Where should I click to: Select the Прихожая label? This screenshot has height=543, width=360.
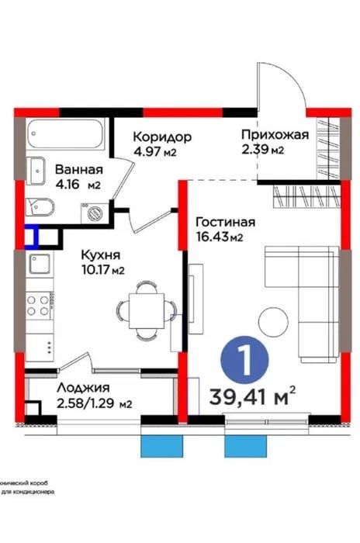274,134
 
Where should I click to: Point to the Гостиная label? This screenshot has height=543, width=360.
226,221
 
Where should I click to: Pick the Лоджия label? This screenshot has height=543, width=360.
83,388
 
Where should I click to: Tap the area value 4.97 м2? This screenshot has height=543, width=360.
154,152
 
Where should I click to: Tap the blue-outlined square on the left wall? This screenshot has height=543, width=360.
31,235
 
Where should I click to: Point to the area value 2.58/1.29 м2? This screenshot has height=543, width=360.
94,403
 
